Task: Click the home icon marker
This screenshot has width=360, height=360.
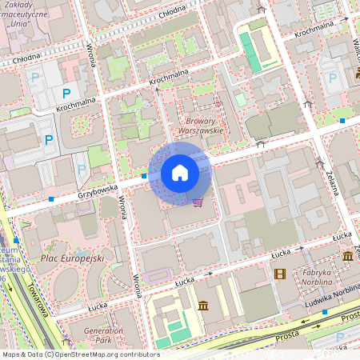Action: pyautogui.click(x=180, y=173)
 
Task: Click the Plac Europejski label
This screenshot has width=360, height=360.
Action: pyautogui.click(x=72, y=258)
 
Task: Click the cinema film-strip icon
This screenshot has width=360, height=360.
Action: pyautogui.click(x=279, y=274)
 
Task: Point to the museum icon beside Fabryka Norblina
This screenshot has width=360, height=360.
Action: pyautogui.click(x=348, y=256)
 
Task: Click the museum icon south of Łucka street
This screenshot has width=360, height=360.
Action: pyautogui.click(x=202, y=306)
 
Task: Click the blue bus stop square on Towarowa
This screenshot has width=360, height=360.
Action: pyautogui.click(x=16, y=239)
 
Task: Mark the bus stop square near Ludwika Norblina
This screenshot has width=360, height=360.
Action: pyautogui.click(x=324, y=312)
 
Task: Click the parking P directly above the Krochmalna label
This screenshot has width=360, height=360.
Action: pyautogui.click(x=66, y=93)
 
